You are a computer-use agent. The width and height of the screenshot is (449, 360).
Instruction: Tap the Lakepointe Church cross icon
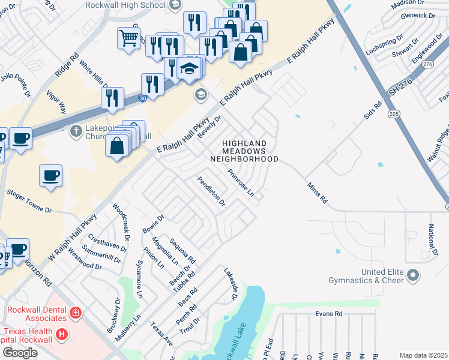point(76,131)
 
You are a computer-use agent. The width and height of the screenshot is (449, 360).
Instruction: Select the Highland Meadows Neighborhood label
point(244,151)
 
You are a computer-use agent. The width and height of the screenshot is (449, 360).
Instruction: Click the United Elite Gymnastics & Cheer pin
point(412,275)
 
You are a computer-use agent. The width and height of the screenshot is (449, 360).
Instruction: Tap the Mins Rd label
point(317,193)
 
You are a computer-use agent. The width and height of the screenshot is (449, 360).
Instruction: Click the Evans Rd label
point(329,314)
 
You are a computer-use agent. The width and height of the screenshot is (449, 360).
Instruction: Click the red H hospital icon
point(61,334)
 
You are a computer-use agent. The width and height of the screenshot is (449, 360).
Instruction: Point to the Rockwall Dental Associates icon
point(75,312)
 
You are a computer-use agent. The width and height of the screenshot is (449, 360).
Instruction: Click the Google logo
point(20,352)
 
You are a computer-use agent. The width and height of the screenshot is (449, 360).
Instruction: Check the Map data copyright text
point(423,355)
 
